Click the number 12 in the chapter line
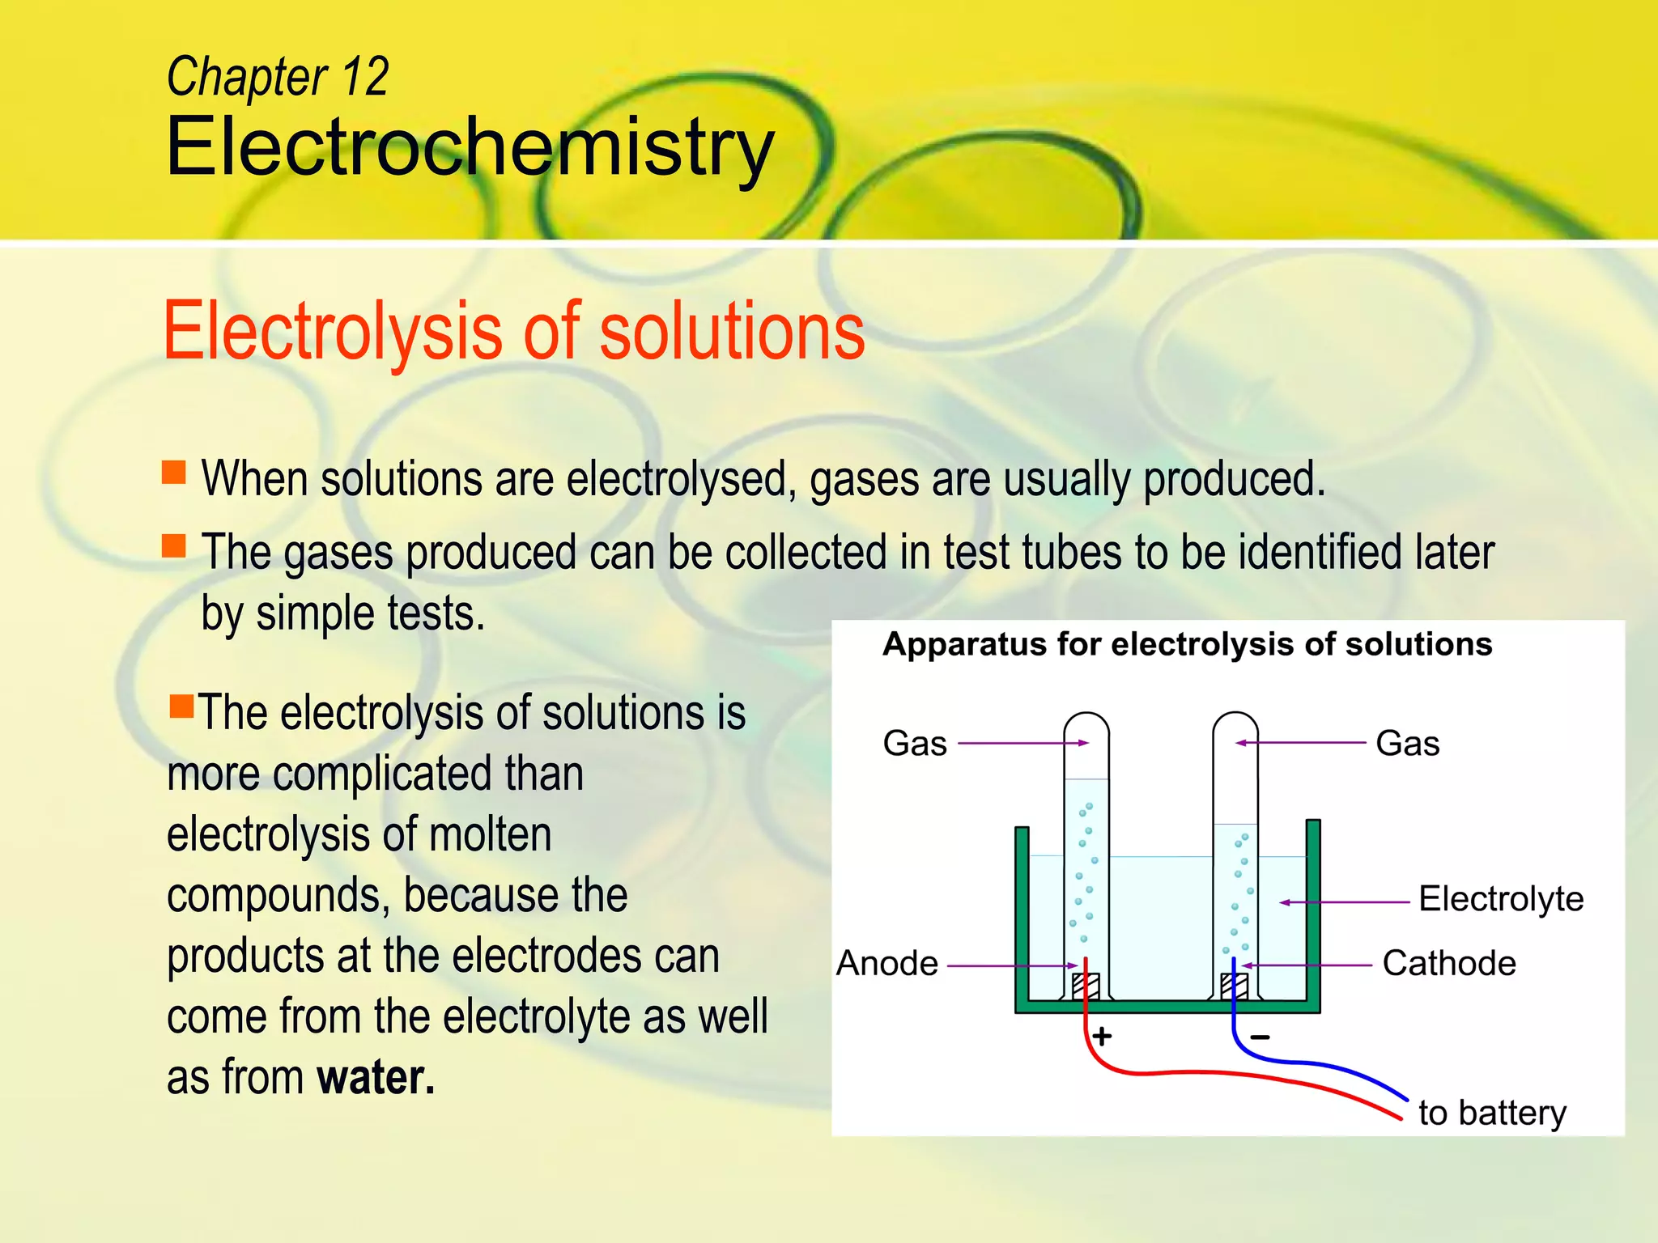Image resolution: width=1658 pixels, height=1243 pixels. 365,78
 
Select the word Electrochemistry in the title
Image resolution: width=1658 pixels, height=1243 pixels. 470,147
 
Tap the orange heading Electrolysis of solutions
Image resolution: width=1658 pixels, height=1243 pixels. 514,331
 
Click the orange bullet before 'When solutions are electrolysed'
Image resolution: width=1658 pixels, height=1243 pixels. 174,472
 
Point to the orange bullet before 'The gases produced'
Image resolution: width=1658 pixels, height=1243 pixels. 174,545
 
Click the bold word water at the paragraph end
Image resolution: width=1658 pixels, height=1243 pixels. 376,1077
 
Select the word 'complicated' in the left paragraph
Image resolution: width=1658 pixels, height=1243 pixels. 427,774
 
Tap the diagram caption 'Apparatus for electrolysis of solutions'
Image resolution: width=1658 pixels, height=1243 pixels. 1187,645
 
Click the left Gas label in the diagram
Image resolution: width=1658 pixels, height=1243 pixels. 915,743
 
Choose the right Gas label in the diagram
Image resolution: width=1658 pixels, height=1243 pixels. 1407,743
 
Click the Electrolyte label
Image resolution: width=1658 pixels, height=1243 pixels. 1501,899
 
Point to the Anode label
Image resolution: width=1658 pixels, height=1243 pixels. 886,964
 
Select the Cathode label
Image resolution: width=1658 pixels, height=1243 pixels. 1448,964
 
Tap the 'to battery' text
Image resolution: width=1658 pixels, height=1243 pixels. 1492,1113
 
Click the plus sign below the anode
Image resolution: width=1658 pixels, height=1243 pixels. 1102,1036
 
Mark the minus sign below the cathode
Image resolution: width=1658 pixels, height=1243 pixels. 1260,1037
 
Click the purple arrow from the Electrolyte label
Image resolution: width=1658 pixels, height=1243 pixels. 1344,901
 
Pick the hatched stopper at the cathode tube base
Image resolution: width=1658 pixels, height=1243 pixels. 1235,986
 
